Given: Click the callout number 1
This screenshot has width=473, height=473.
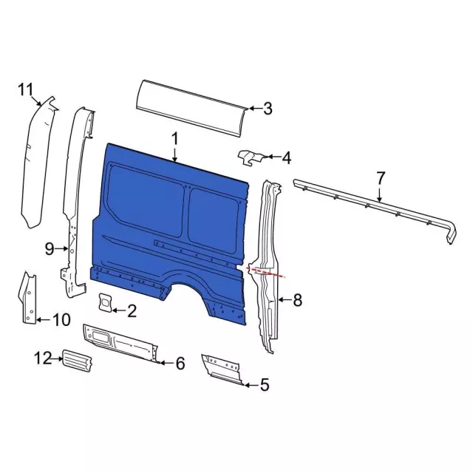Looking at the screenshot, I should coord(175,138).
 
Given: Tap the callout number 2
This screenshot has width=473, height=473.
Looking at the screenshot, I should coord(132,311).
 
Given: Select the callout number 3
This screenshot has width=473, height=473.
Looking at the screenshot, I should coord(268,109).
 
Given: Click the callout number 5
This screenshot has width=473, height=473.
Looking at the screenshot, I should coord(265,384).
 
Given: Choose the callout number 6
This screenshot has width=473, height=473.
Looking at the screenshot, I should coord(178,362).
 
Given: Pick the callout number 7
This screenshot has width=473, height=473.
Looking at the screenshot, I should coord(381,178).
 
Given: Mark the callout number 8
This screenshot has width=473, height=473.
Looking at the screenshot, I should coord(297,299).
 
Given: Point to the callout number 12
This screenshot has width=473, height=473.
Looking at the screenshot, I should coord(42,358).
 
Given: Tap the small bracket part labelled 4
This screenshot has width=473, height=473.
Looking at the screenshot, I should coord(250,157).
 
